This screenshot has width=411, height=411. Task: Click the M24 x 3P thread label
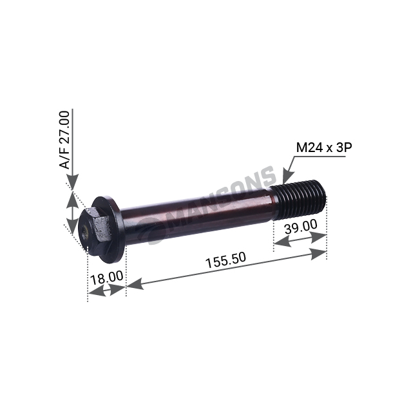coord(324,148)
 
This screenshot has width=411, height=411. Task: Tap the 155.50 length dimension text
coord(226,260)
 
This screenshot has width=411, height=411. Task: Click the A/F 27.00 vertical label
coord(64,140)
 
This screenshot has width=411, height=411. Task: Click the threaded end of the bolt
coord(299,200)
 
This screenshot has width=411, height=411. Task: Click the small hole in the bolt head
coord(85,233)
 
